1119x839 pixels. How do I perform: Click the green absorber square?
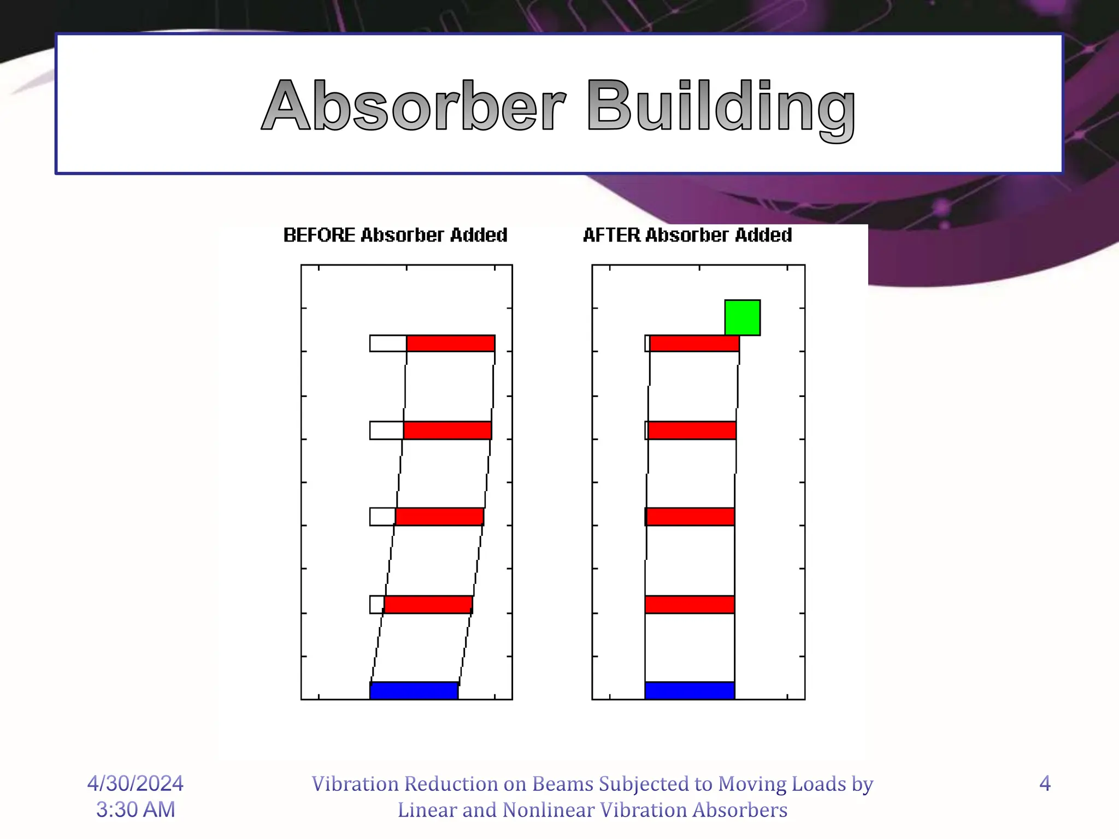742,317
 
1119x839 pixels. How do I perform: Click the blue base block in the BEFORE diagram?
414,690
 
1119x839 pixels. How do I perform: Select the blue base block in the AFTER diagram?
690,690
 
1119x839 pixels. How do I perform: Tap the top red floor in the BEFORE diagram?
451,344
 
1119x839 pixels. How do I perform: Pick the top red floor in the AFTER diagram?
694,344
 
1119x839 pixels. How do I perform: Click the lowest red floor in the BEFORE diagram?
428,605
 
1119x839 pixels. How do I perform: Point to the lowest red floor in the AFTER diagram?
690,605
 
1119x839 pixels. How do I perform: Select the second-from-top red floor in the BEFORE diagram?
447,430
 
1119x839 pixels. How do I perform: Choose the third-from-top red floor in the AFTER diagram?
690,517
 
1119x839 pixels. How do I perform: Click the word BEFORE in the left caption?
319,235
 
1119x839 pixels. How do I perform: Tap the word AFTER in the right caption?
611,235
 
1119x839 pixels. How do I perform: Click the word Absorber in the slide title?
414,106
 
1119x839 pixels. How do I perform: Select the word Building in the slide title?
721,107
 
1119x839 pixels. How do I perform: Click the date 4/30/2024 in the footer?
136,783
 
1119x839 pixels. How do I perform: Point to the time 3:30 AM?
136,810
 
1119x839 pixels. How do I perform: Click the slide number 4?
1045,783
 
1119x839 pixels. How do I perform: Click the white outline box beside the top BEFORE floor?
388,344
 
